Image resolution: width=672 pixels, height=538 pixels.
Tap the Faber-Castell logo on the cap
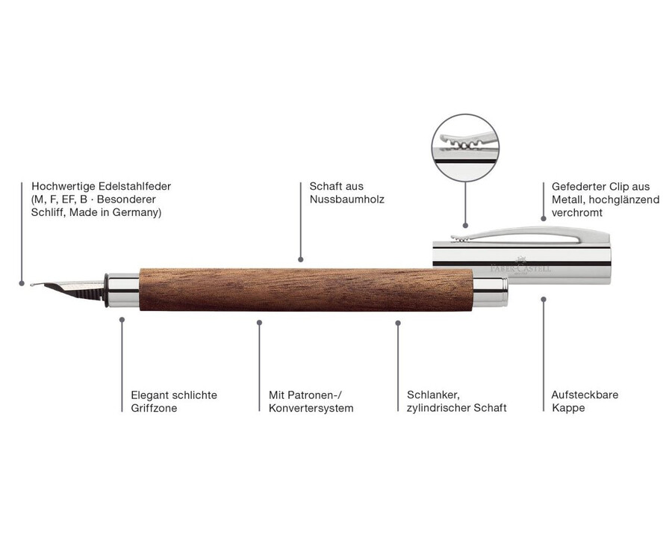[x=520, y=266]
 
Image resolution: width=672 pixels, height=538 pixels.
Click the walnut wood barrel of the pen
[x=306, y=290]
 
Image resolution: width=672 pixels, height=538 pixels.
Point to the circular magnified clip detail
[x=465, y=148]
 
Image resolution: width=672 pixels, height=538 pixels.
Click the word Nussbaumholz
[x=346, y=200]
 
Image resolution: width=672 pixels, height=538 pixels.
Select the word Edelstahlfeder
[x=134, y=186]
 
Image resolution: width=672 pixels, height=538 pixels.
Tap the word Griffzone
[x=154, y=408]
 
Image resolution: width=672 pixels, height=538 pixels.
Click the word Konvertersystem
[x=311, y=408]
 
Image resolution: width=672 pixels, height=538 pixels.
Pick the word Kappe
[x=568, y=408]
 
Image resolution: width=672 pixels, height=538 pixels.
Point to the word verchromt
[x=577, y=213]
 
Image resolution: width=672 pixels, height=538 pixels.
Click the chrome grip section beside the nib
[x=123, y=290]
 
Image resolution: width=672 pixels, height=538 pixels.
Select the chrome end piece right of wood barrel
[x=491, y=291]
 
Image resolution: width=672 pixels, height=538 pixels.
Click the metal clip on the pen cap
[x=530, y=234]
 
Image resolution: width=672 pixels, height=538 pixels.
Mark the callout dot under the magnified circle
[x=465, y=225]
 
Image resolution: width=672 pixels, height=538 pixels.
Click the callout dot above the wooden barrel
[x=300, y=259]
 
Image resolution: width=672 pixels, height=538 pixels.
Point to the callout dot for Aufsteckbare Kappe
[x=544, y=299]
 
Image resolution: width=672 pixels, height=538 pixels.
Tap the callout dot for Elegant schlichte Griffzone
[x=122, y=320]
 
